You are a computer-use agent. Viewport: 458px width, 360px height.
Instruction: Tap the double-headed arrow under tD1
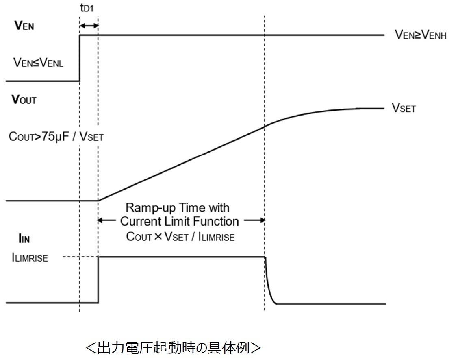click(89, 26)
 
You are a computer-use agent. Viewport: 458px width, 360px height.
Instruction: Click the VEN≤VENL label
click(38, 63)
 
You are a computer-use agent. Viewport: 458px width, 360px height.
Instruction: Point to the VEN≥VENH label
click(421, 35)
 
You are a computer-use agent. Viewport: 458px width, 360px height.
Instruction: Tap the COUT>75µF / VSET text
click(56, 137)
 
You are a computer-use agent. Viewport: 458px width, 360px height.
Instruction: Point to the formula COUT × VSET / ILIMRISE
click(180, 237)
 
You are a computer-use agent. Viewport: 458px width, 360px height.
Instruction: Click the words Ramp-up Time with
click(177, 208)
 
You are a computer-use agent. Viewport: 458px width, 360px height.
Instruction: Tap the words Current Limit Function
click(179, 222)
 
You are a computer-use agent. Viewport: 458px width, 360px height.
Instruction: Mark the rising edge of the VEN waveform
click(79, 58)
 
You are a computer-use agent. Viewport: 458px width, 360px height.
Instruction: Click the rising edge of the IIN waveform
click(98, 280)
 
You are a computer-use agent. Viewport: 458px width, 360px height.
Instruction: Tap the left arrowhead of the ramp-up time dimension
click(102, 221)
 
